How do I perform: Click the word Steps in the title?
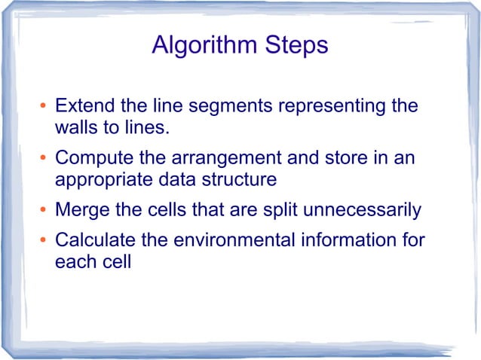296,46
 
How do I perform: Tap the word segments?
225,105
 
